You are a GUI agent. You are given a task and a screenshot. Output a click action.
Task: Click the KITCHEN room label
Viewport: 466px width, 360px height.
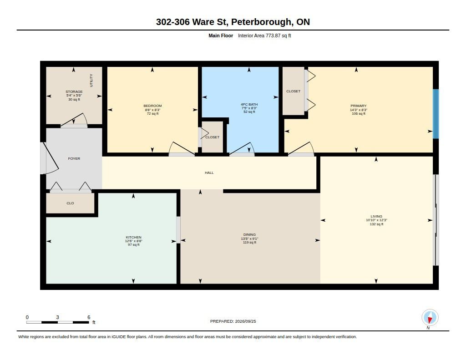pyautogui.click(x=133, y=237)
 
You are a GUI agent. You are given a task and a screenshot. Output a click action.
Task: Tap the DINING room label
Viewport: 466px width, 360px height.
pyautogui.click(x=249, y=234)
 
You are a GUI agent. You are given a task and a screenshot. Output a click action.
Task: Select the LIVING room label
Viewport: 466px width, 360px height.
pyautogui.click(x=376, y=217)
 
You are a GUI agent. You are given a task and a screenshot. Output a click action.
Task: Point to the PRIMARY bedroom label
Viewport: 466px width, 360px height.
pyautogui.click(x=359, y=106)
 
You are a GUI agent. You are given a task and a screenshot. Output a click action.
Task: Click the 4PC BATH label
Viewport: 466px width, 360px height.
pyautogui.click(x=249, y=104)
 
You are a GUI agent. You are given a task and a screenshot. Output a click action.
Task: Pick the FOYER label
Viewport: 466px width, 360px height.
pyautogui.click(x=74, y=158)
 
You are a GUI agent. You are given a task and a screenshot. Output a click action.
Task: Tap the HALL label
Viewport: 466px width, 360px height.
pyautogui.click(x=209, y=172)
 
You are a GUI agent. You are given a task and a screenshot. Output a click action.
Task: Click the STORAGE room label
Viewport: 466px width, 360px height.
pyautogui.click(x=74, y=91)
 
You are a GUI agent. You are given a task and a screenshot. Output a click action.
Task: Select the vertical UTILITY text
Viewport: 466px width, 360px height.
pyautogui.click(x=91, y=80)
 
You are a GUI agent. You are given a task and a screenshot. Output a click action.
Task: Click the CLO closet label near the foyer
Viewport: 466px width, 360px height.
pyautogui.click(x=70, y=203)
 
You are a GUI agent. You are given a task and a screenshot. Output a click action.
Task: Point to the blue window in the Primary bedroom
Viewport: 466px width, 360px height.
pyautogui.click(x=436, y=114)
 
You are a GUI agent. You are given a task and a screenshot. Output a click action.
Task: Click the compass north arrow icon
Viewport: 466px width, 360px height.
pyautogui.click(x=430, y=318)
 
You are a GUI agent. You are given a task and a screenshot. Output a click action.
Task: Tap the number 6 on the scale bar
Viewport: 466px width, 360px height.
pyautogui.click(x=89, y=317)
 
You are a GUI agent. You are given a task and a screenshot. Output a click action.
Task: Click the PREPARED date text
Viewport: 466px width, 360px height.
pyautogui.click(x=233, y=321)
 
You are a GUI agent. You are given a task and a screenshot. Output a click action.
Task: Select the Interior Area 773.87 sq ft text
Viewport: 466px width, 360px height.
pyautogui.click(x=264, y=35)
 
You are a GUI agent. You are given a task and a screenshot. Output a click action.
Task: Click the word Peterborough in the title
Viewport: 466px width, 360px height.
pyautogui.click(x=262, y=22)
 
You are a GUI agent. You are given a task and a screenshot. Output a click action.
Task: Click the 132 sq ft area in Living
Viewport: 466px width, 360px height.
pyautogui.click(x=376, y=224)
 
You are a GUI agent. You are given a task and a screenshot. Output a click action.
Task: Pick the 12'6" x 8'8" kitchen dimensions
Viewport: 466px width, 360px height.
pyautogui.click(x=133, y=241)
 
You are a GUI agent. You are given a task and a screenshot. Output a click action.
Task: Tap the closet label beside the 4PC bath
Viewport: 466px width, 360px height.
pyautogui.click(x=212, y=137)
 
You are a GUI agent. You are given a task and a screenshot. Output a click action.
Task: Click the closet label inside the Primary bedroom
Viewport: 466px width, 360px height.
pyautogui.click(x=294, y=91)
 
